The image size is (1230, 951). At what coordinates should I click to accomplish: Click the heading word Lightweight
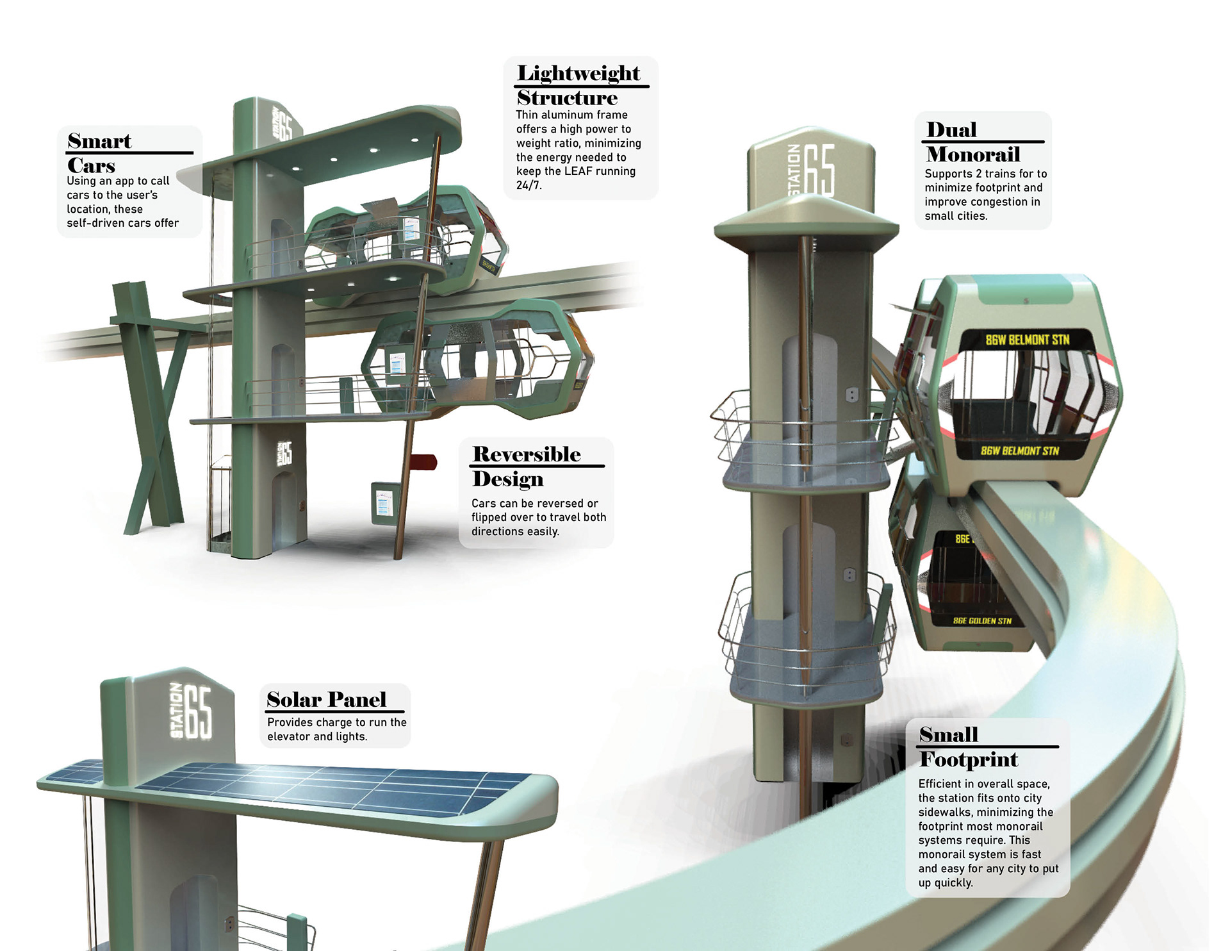coord(578,73)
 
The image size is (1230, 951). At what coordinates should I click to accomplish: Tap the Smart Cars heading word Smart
coord(99,141)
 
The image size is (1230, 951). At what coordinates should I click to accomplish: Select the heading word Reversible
coord(527,454)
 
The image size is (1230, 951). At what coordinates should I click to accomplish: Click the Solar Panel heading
coord(326,699)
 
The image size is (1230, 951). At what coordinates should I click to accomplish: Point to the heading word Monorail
coord(973,154)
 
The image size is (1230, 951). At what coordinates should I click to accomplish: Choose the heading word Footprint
coord(968,759)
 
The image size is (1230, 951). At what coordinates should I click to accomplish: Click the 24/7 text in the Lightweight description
coord(529,185)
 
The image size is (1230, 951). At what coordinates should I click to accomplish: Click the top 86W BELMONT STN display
coord(1027,340)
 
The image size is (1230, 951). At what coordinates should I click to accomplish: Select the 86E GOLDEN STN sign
coord(982,620)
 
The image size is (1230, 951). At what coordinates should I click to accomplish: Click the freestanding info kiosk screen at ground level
coord(383,503)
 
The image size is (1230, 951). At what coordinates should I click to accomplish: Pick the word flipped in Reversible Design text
coord(490,517)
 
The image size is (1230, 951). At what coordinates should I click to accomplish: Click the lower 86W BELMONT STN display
coord(1020,451)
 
